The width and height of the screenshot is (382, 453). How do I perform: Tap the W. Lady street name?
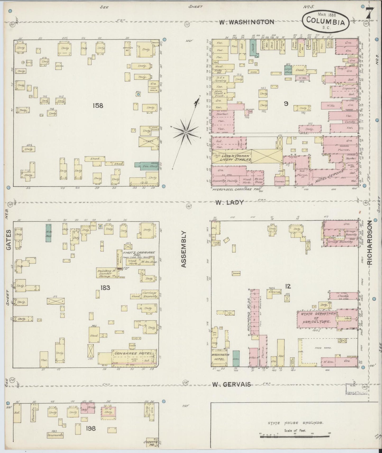click(229, 202)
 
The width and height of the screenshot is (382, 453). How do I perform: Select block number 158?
click(98, 105)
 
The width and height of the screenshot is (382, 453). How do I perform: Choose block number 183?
click(105, 288)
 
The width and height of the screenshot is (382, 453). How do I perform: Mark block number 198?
click(90, 428)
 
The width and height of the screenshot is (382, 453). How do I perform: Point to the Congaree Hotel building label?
click(134, 353)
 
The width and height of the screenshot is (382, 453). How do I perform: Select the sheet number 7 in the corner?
click(370, 14)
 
